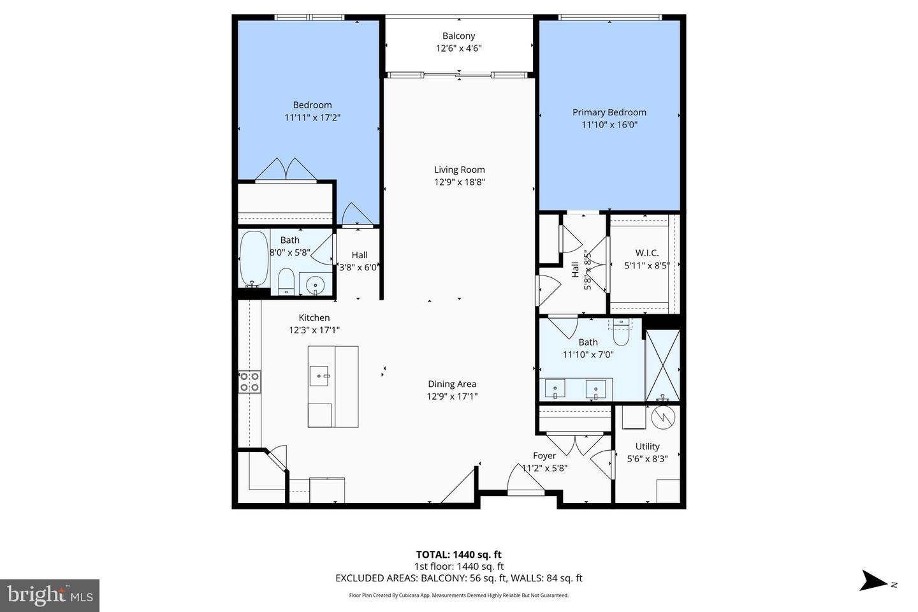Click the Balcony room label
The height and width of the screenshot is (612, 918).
(458, 36)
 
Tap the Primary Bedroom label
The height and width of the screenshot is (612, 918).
(609, 112)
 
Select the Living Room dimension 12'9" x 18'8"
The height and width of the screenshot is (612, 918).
(460, 182)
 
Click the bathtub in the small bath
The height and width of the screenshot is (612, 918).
(254, 259)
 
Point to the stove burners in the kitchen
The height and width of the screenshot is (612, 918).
(249, 381)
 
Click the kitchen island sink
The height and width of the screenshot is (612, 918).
(319, 376)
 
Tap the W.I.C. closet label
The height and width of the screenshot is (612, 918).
(646, 253)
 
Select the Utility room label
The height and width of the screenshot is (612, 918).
(647, 446)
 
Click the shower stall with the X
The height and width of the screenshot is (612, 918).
(662, 365)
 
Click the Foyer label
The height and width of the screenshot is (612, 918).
(544, 456)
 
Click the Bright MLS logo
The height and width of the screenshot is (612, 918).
(50, 595)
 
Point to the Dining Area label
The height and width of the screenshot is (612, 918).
(451, 384)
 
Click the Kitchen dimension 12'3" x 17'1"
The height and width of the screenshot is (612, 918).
(314, 330)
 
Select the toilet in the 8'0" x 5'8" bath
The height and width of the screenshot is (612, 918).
(286, 280)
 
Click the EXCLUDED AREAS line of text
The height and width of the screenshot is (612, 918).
(458, 578)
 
